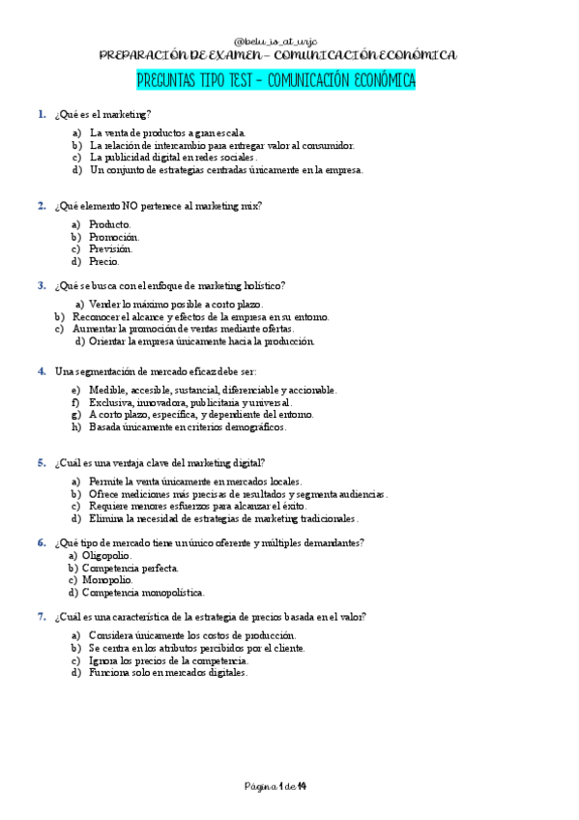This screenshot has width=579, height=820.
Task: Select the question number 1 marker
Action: coord(42,114)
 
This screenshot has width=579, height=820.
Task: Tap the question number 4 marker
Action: coord(42,370)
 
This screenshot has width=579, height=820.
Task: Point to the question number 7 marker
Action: coord(42,616)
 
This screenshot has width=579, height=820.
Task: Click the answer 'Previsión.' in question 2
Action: coord(111,249)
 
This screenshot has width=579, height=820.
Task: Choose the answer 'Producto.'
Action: coord(110,223)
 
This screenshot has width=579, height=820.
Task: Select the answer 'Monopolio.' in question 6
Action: coord(108,580)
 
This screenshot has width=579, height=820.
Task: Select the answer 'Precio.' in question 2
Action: coord(104,261)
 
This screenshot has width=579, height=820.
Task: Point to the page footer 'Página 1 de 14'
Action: coord(275,784)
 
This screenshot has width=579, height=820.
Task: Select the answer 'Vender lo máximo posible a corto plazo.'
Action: coord(182,304)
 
